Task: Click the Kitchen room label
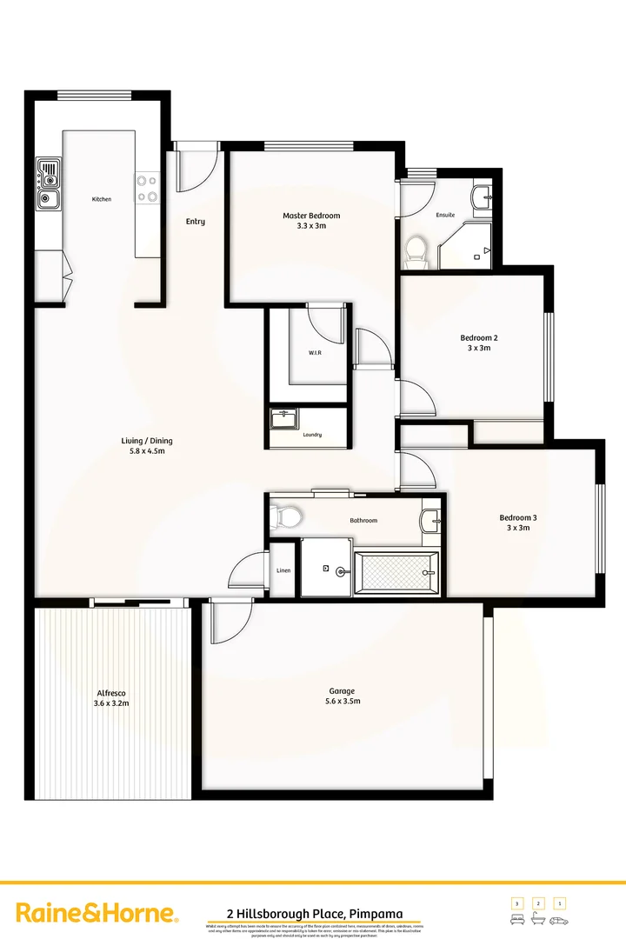(x=102, y=199)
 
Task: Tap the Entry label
(x=196, y=222)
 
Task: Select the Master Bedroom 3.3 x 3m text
(x=310, y=221)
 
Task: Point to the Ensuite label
(x=445, y=215)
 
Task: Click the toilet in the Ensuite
(x=416, y=250)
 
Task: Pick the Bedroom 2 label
(x=479, y=343)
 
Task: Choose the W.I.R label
(x=315, y=353)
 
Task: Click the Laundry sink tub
(x=283, y=419)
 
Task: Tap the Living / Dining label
(x=143, y=446)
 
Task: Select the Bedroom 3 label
(x=517, y=523)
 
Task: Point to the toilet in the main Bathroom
(x=286, y=518)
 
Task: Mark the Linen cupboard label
(x=283, y=570)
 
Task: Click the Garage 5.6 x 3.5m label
(x=342, y=696)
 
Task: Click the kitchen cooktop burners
(x=147, y=189)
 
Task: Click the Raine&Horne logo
(x=97, y=913)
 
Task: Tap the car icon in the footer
(x=560, y=920)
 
